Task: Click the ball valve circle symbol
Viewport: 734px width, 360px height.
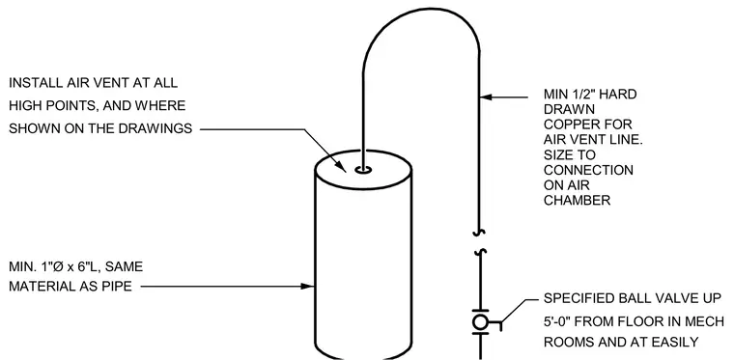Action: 480,322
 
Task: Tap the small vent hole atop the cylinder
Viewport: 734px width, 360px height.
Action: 363,170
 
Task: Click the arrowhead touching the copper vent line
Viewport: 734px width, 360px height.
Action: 487,97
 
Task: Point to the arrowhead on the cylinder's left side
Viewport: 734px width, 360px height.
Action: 307,286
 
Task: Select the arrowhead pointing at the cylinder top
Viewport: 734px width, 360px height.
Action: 340,166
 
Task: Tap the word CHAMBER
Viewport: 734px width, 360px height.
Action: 577,201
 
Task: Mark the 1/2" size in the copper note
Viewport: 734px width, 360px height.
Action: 584,95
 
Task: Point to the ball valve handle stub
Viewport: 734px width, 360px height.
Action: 495,323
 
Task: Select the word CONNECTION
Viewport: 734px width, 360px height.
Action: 588,170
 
